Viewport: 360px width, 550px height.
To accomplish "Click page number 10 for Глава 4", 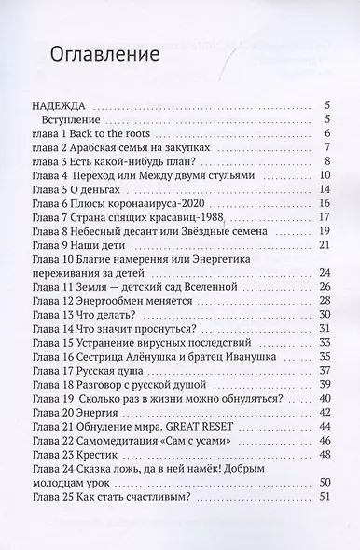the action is click(x=325, y=173).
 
